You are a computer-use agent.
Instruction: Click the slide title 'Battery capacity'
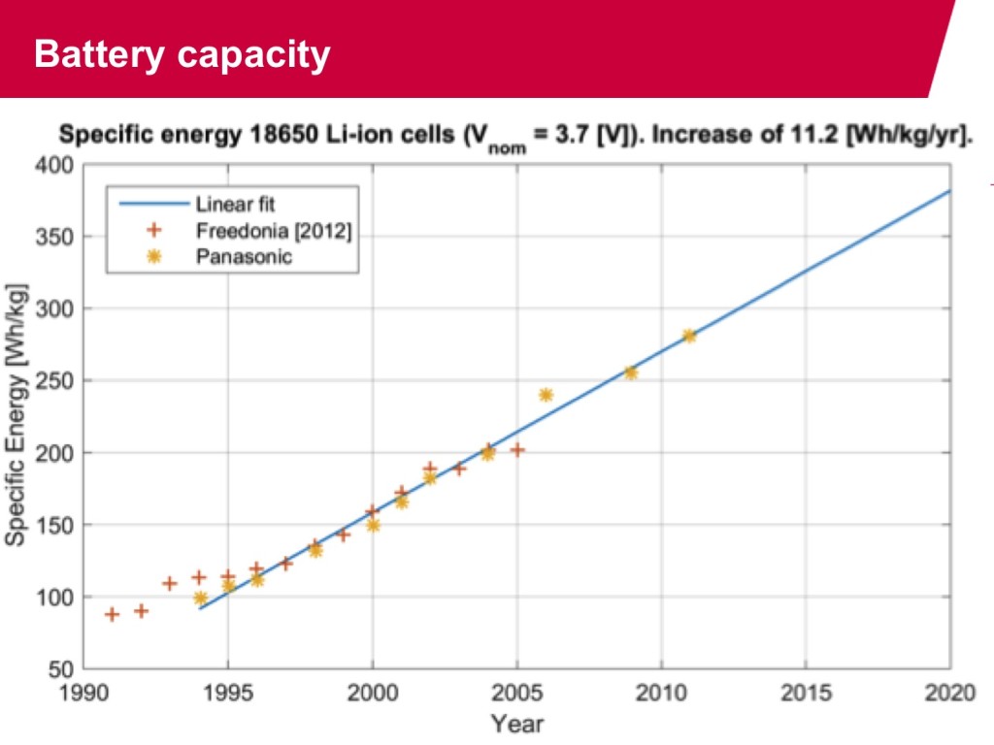(x=182, y=54)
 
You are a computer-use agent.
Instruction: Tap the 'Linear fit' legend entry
(x=236, y=205)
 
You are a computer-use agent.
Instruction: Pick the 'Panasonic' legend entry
(x=244, y=257)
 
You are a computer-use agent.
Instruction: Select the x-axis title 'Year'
(x=516, y=724)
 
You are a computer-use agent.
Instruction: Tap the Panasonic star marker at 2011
(x=689, y=336)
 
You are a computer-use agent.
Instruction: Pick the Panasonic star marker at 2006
(x=546, y=395)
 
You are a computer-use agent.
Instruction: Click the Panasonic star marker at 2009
(x=631, y=372)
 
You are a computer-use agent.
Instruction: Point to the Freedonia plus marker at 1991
(x=113, y=614)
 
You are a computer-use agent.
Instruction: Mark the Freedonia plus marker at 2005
(x=517, y=450)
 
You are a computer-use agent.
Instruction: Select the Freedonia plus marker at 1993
(x=170, y=584)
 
